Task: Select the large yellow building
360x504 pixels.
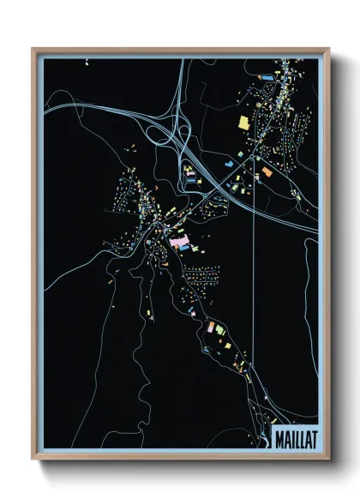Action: [243, 122]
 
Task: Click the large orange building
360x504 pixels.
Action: [267, 173]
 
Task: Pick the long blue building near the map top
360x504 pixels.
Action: [267, 77]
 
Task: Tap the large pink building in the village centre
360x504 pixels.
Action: [178, 243]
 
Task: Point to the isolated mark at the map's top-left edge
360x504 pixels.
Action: [87, 62]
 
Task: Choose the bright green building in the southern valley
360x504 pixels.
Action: [218, 329]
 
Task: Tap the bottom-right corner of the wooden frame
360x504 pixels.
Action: [329, 459]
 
